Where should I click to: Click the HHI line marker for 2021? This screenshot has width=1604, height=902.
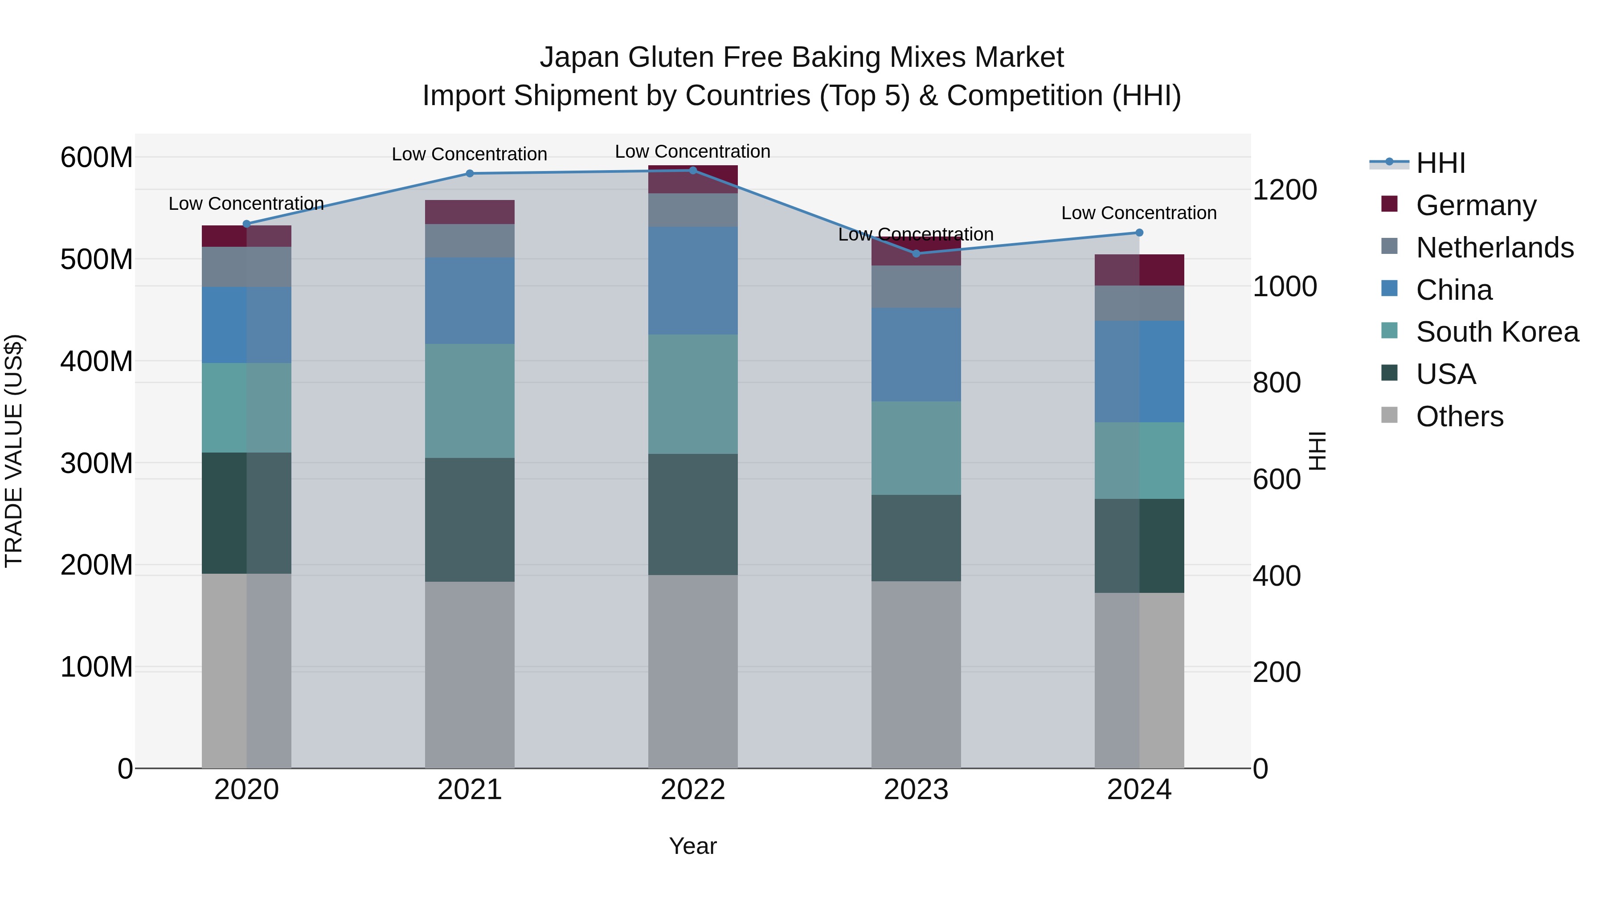coord(470,174)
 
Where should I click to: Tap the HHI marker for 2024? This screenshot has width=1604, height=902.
coord(1139,233)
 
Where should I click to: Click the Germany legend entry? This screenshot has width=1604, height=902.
coord(1475,205)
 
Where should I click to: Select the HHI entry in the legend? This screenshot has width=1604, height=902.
coord(1440,163)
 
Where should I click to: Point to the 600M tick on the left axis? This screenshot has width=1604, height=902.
coord(97,158)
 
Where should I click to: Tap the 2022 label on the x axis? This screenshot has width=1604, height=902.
coord(692,790)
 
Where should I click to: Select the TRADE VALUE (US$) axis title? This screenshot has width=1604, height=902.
coord(14,451)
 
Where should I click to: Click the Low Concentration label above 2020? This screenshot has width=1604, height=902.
coord(246,204)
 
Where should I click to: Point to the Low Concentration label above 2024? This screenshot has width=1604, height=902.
coord(1139,213)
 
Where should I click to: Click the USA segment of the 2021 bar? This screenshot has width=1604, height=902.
coord(470,520)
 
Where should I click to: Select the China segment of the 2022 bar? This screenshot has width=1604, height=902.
coord(692,281)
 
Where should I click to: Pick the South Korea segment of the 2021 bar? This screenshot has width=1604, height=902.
coord(470,401)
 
